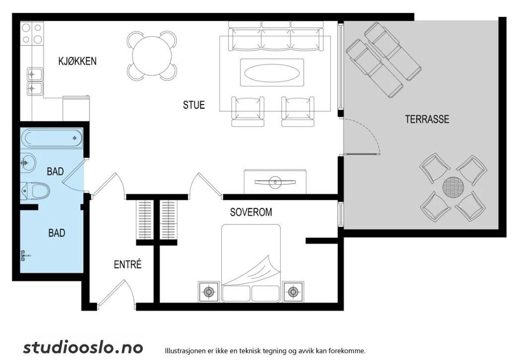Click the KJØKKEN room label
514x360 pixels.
pos(77,61)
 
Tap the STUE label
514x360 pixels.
pos(193,105)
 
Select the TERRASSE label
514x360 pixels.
pos(427,119)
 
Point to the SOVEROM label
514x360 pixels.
pos(251,212)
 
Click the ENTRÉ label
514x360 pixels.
pos(128,264)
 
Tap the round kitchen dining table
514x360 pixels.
pos(152,56)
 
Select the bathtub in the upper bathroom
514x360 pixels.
pos(53,138)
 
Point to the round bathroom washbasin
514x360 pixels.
pos(28,162)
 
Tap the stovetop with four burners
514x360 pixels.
pos(31,34)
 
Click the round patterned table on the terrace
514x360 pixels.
pos(453,188)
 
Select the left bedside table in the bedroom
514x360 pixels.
pos(209,292)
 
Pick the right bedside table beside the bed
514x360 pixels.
pos(294,292)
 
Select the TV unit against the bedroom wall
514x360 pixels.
pos(275,181)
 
